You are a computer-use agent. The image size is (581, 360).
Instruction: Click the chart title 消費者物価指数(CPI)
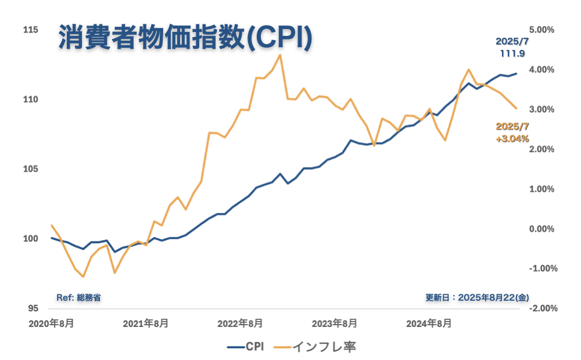(x=185, y=39)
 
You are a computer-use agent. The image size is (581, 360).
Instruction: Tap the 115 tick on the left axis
(x=30, y=30)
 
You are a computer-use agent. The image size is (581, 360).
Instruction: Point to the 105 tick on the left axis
(x=30, y=169)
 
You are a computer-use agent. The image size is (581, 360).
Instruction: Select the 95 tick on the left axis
(x=33, y=308)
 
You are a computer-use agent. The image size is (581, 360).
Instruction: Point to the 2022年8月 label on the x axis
(x=240, y=323)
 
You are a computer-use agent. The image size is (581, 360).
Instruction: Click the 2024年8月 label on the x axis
(x=429, y=323)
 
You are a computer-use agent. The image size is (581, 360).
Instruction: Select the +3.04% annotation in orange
(x=512, y=139)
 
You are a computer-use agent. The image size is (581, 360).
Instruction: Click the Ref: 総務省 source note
(x=79, y=297)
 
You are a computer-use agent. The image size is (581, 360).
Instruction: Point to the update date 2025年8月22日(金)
(x=477, y=297)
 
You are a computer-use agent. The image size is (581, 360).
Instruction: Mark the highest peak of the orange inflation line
(x=280, y=55)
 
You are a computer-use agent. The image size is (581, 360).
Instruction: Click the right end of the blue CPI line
(x=517, y=74)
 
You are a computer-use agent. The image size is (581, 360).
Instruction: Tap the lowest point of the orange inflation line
(x=83, y=276)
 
